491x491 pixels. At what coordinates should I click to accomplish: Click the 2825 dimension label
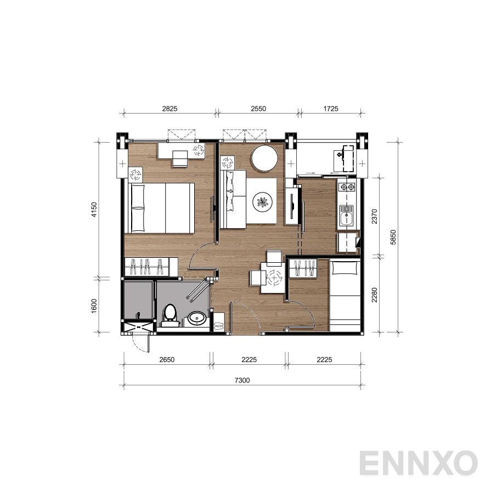pos(170,109)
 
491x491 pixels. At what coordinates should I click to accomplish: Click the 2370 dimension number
pos(374,216)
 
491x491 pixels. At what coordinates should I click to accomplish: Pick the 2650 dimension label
pos(166,360)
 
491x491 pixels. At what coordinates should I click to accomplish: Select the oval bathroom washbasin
pos(196,318)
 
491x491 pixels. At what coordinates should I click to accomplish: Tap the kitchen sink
pos(347,217)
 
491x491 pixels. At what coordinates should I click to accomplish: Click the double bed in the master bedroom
pos(161,208)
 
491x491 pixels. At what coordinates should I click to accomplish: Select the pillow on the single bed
pos(346,268)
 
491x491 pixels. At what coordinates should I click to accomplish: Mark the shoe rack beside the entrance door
pos(218,322)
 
